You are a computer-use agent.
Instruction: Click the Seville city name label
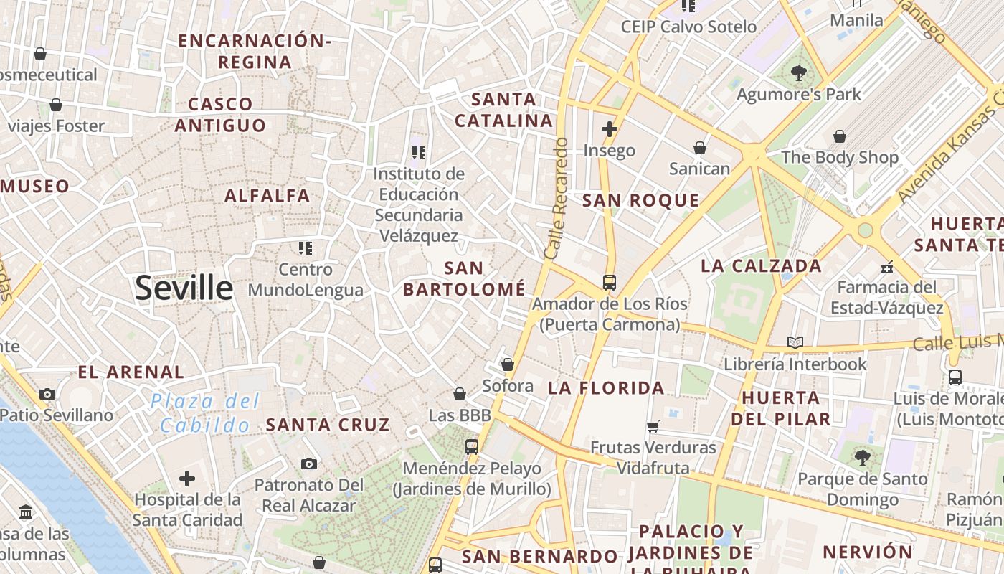[184, 288]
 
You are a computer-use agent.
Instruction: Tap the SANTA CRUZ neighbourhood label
[328, 425]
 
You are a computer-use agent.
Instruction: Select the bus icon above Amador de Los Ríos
[610, 283]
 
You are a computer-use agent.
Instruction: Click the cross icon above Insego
[610, 129]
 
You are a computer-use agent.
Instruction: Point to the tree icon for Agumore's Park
[799, 73]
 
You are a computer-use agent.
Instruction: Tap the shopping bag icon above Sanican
[700, 148]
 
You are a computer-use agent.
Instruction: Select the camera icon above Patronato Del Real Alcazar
[309, 464]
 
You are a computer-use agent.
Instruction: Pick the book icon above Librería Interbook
[795, 343]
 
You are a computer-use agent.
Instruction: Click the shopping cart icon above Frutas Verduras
[653, 427]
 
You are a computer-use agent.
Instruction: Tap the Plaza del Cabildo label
[205, 413]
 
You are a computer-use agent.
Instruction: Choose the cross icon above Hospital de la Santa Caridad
[187, 479]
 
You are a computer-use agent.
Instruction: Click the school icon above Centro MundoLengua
[306, 248]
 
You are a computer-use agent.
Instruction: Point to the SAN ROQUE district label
[640, 201]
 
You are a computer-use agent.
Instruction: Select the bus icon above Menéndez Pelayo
[472, 447]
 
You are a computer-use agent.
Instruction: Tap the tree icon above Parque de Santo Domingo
[862, 457]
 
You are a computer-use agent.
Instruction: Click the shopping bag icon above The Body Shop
[840, 136]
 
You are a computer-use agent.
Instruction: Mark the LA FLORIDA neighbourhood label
[607, 389]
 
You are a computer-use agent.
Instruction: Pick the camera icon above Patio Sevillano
[47, 394]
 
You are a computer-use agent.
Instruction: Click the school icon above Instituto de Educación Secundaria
[420, 152]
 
